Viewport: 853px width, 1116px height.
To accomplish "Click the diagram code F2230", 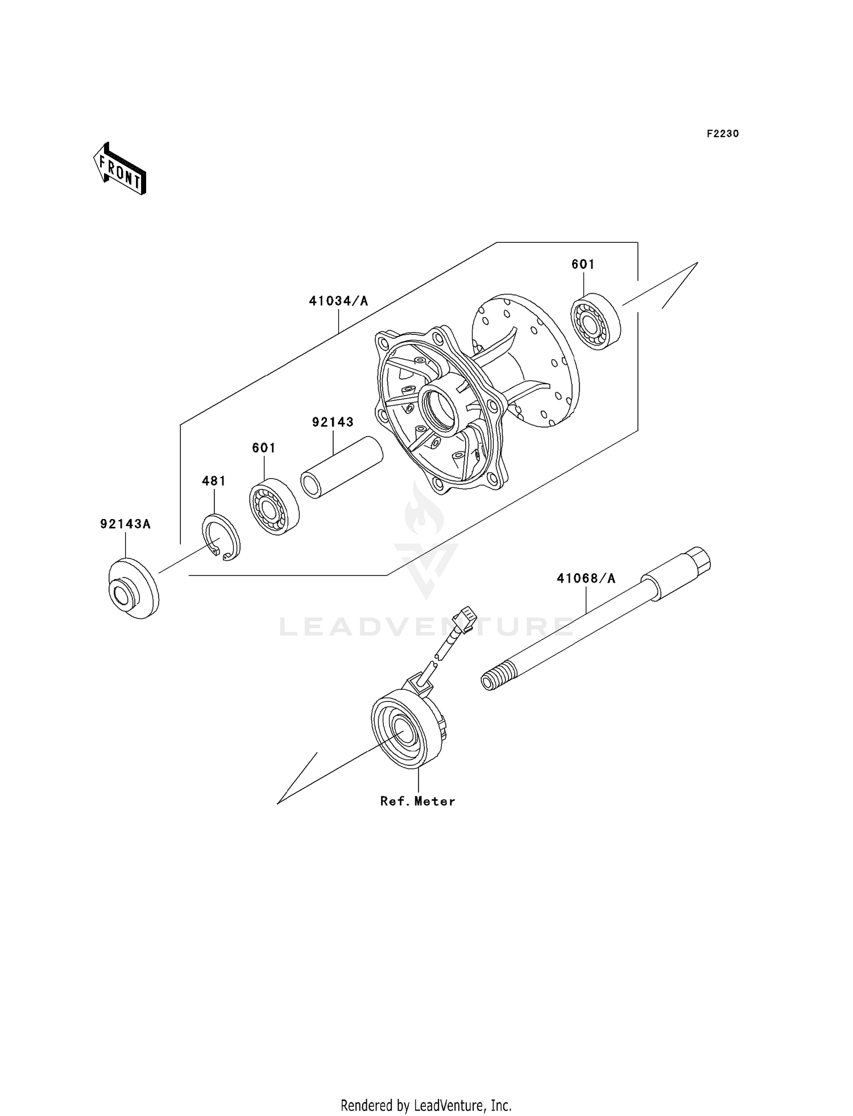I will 722,134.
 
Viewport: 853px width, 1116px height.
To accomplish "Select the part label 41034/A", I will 338,301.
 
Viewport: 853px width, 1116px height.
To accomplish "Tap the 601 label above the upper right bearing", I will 583,264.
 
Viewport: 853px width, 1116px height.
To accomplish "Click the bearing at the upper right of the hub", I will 595,321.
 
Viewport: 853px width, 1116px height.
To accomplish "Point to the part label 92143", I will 333,422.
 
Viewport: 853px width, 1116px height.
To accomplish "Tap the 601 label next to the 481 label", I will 264,448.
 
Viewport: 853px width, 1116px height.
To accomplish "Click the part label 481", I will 214,481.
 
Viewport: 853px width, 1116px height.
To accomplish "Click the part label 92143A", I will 125,524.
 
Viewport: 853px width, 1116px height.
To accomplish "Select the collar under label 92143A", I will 134,590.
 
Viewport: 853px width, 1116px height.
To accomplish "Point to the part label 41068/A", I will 586,578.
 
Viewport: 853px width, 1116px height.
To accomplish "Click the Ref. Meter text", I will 417,801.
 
